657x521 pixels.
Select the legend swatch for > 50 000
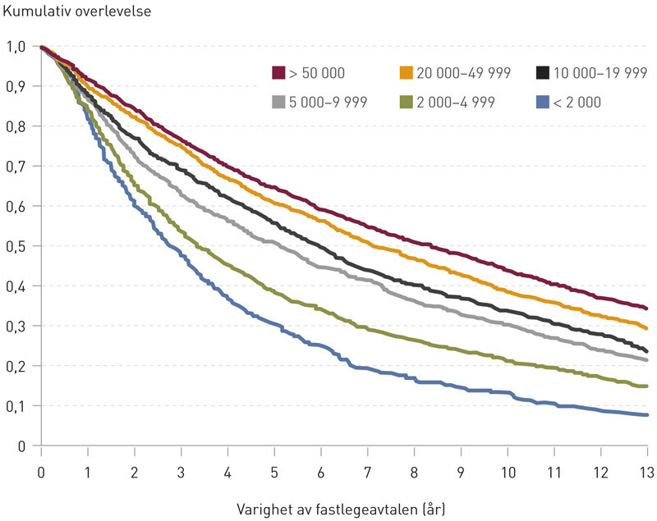click(278, 73)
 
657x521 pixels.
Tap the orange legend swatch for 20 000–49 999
click(405, 73)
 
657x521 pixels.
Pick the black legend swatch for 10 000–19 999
click(540, 73)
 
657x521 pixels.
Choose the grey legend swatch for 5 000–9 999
click(278, 102)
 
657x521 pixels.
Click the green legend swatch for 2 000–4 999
click(405, 102)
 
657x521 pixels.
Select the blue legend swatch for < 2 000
click(540, 102)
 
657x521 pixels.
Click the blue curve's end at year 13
click(647, 415)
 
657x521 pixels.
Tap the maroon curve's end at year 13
click(647, 308)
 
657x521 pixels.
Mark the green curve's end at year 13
click(647, 386)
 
